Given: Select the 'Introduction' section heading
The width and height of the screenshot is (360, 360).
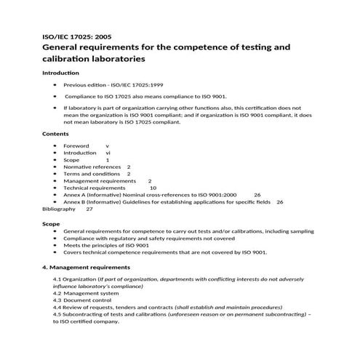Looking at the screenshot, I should (x=60, y=73).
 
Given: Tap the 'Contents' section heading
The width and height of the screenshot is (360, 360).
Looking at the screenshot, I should (x=55, y=135).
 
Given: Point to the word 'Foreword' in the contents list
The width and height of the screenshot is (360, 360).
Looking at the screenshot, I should (x=76, y=146).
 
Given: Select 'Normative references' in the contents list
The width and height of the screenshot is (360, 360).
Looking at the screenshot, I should (x=92, y=167).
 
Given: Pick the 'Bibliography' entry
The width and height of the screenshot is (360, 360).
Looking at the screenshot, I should (x=58, y=209).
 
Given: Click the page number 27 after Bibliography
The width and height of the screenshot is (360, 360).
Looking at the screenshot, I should (x=89, y=209).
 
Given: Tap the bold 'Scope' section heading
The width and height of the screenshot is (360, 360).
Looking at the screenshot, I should (x=51, y=224).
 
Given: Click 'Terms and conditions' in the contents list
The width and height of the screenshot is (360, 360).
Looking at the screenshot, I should (x=91, y=174).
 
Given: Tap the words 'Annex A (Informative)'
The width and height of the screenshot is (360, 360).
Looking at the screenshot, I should (x=96, y=195).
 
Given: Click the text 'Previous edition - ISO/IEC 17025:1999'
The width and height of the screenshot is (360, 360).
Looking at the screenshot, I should (x=113, y=85).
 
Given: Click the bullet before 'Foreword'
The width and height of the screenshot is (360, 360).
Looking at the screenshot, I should (x=55, y=146).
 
